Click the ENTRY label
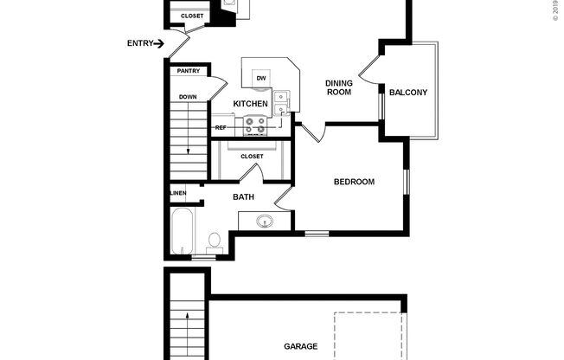[140, 43]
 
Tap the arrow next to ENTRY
[160, 43]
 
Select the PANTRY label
[188, 72]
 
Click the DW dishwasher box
[260, 80]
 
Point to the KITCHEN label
[250, 105]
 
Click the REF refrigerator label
[221, 127]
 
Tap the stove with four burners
[257, 126]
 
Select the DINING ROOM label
[338, 87]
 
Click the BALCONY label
[408, 93]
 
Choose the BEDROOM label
[354, 182]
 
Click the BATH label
[243, 197]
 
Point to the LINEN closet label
[178, 193]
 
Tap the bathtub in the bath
[183, 231]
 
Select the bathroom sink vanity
[265, 222]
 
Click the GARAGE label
[300, 347]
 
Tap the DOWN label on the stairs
[189, 97]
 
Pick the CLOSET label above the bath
[252, 157]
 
